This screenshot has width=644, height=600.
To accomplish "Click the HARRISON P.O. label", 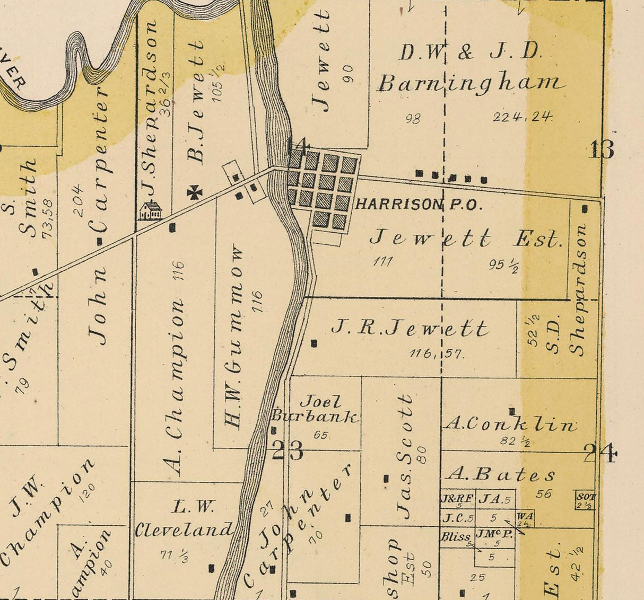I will pyautogui.click(x=419, y=205).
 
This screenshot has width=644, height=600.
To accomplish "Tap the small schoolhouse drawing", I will pyautogui.click(x=150, y=210).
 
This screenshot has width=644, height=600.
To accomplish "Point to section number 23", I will pyautogui.click(x=288, y=451).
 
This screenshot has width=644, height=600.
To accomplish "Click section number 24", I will pyautogui.click(x=600, y=454).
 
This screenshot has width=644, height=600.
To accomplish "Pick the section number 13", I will pyautogui.click(x=602, y=150).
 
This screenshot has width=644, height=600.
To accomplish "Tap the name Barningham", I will pyautogui.click(x=471, y=84).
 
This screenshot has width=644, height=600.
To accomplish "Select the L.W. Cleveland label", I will pyautogui.click(x=184, y=519).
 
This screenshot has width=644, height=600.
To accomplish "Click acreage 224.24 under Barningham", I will pyautogui.click(x=523, y=117).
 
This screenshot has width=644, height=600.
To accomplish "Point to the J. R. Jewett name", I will pyautogui.click(x=409, y=329).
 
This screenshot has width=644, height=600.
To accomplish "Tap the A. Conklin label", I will pyautogui.click(x=510, y=425).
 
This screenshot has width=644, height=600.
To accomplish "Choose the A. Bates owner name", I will pyautogui.click(x=501, y=474).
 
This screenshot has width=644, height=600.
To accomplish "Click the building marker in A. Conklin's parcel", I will pyautogui.click(x=512, y=411).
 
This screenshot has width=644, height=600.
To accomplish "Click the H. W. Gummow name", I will pyautogui.click(x=233, y=338).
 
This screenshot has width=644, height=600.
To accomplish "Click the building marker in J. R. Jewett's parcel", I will pyautogui.click(x=314, y=343).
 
